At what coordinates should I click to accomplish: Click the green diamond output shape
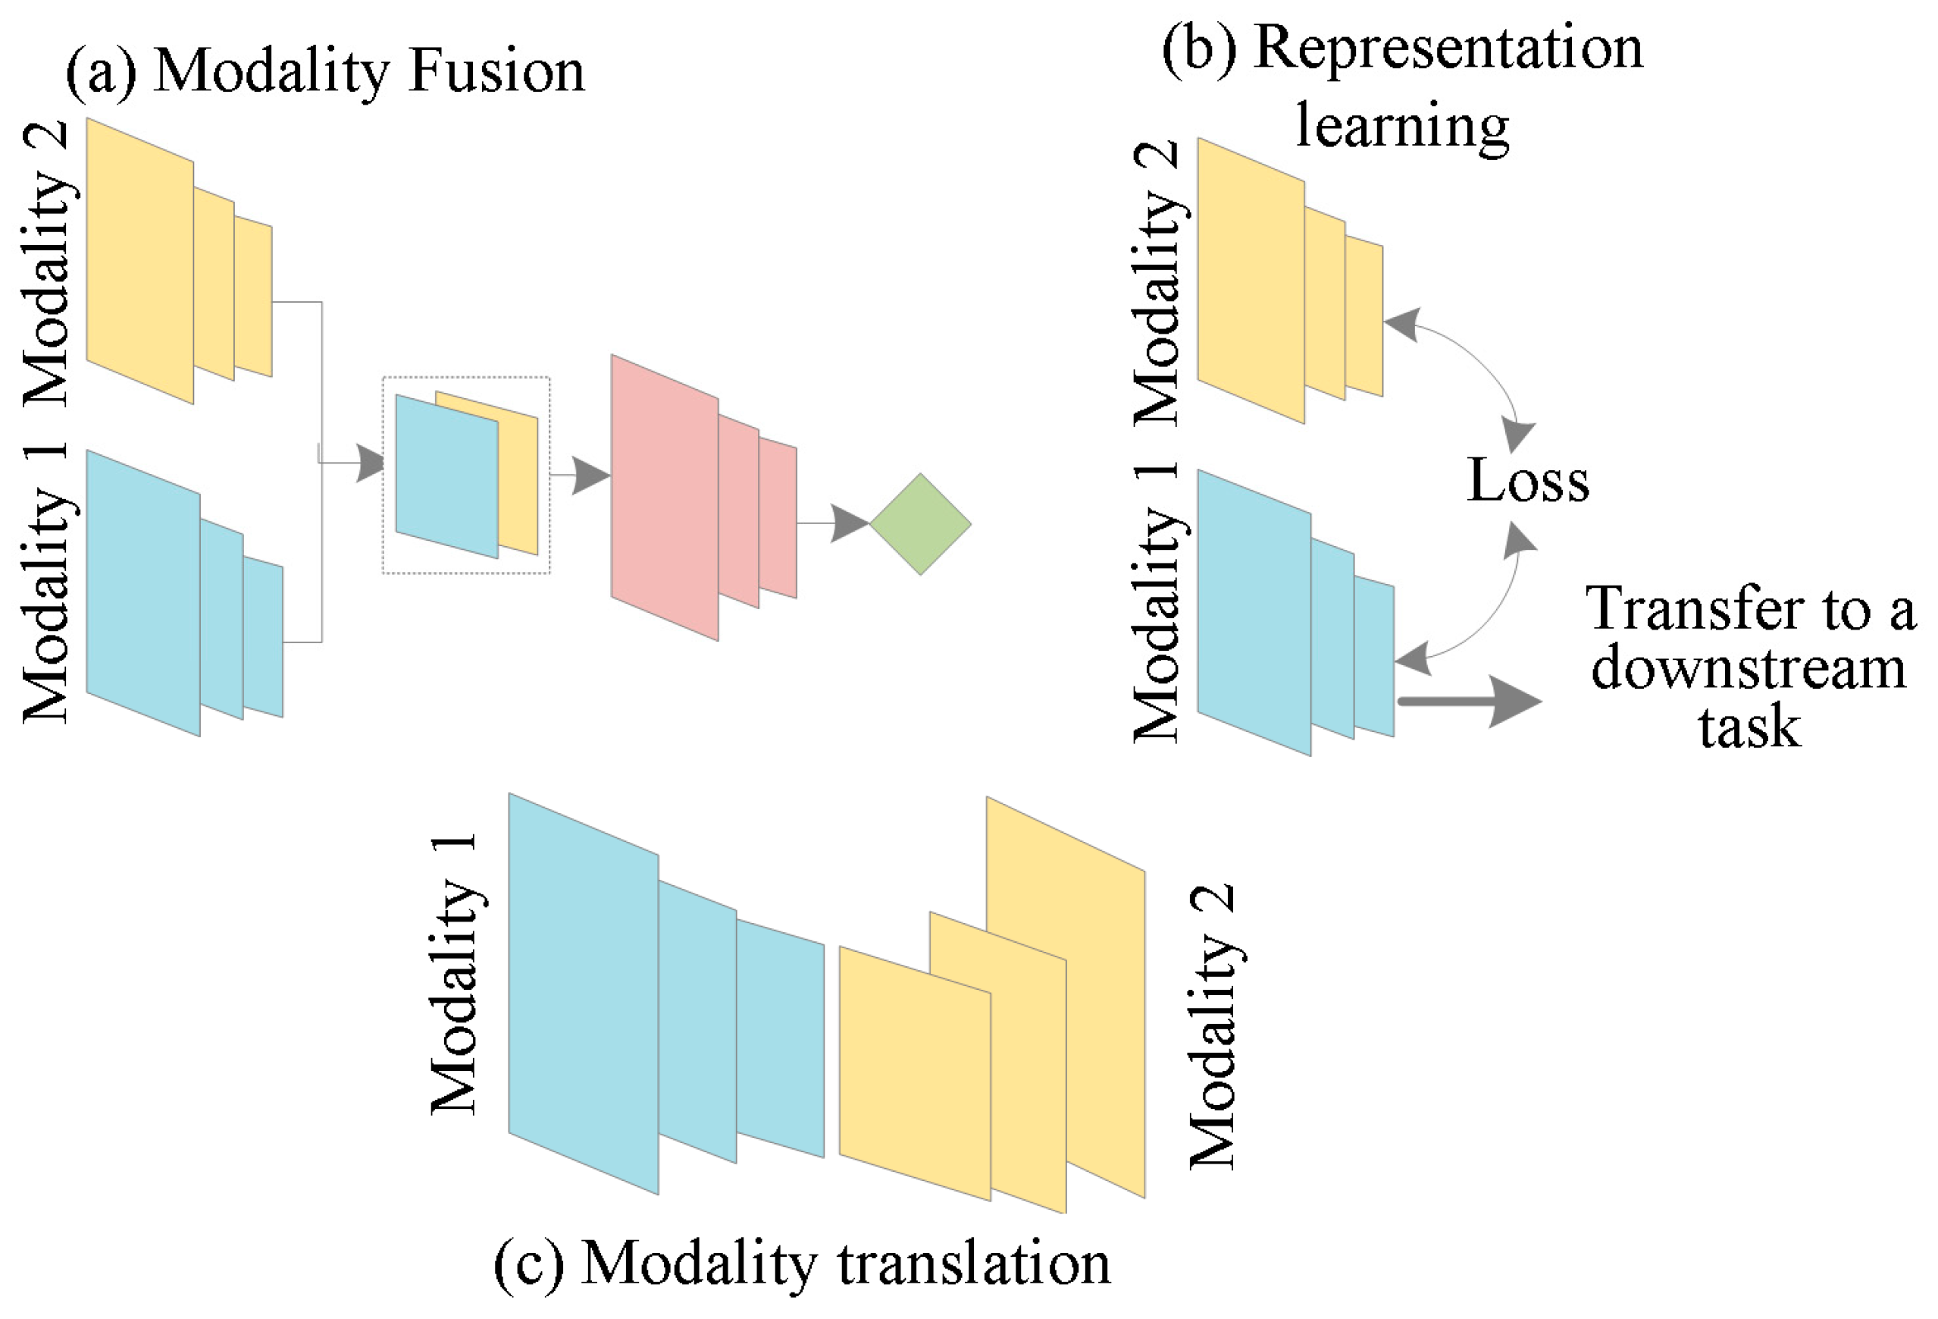point(920,524)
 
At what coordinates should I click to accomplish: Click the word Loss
point(1528,481)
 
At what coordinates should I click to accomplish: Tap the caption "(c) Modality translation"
point(802,1262)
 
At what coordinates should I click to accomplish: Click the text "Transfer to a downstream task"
point(1749,667)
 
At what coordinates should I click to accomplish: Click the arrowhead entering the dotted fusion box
point(371,462)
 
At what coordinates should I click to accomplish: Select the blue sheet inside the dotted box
point(446,476)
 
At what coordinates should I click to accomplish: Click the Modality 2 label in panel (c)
point(1213,1026)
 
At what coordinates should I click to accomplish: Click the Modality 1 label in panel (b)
point(1157,603)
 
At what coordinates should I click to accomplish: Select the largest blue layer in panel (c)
point(583,993)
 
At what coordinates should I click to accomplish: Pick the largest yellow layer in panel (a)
point(139,260)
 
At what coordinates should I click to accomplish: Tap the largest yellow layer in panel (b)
point(1250,281)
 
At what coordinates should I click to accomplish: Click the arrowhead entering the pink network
point(591,476)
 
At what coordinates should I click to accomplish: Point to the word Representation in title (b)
point(1448,49)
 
